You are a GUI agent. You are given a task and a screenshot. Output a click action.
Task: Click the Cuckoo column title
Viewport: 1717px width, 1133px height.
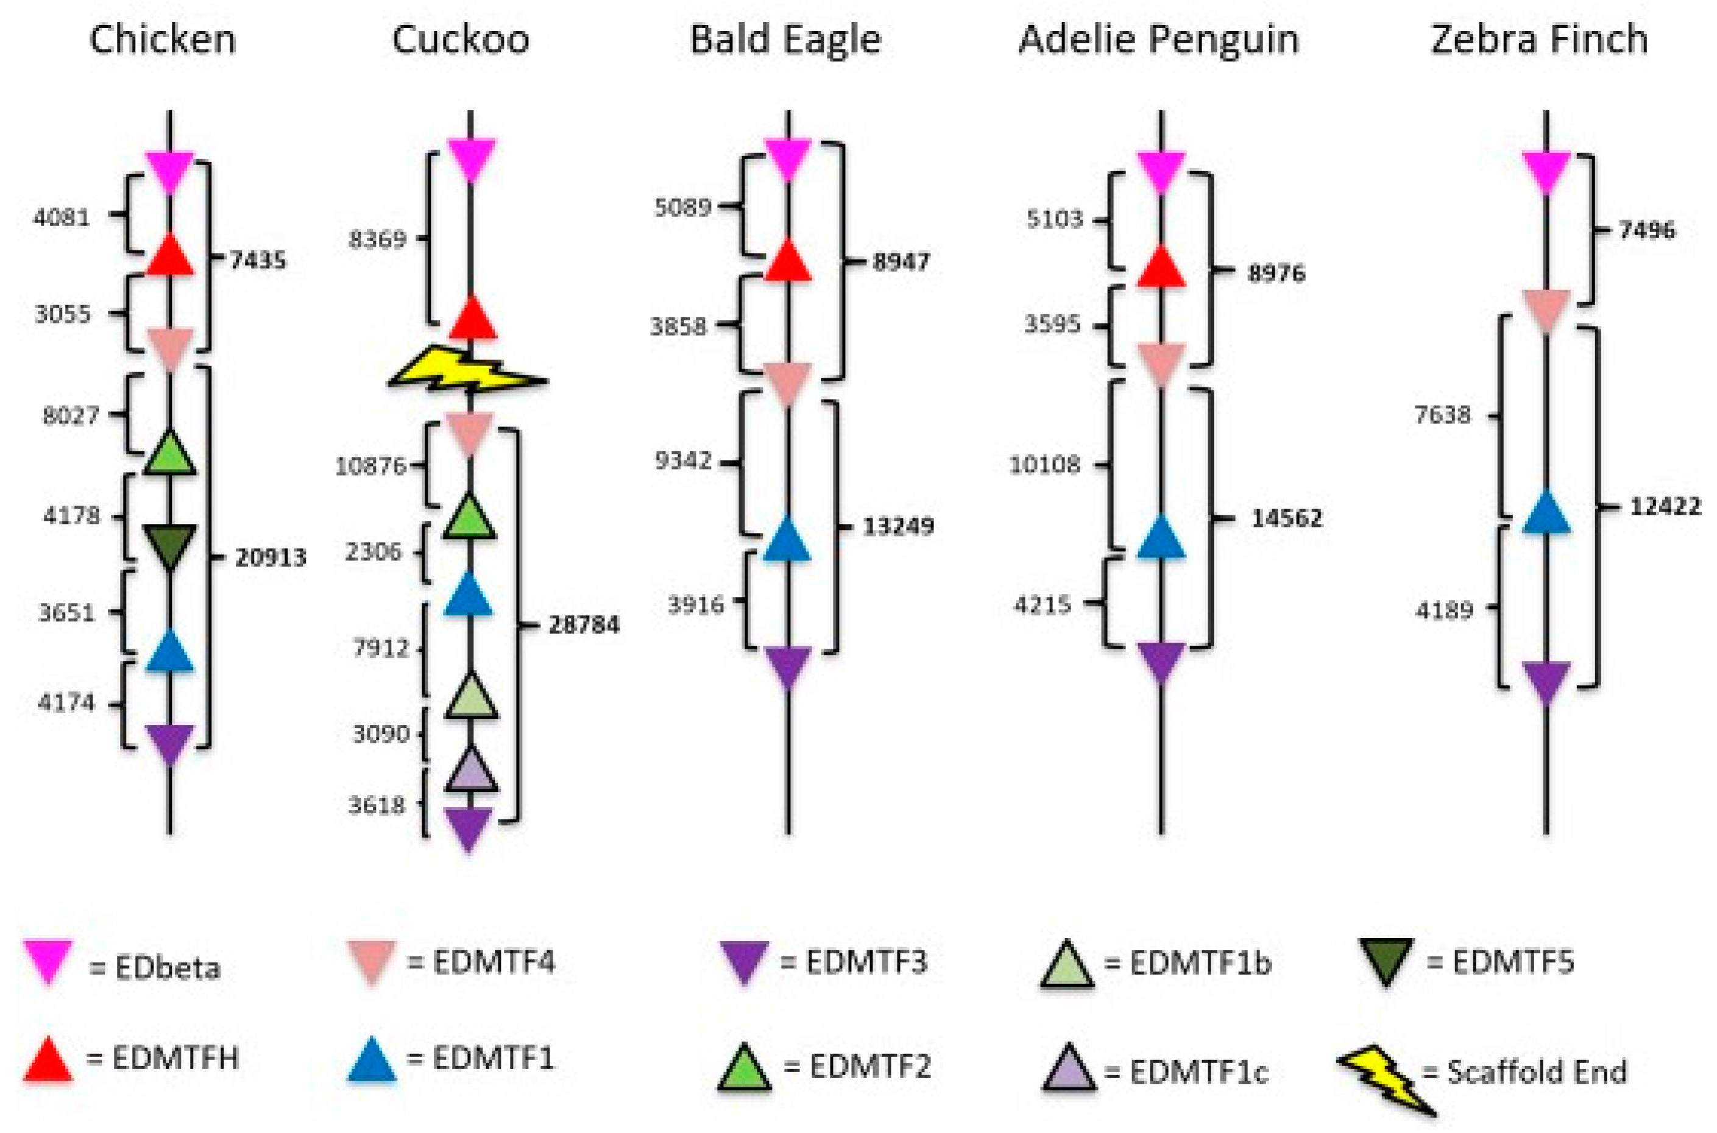tap(460, 39)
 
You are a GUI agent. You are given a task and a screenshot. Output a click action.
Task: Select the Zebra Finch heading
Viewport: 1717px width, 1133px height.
tap(1539, 39)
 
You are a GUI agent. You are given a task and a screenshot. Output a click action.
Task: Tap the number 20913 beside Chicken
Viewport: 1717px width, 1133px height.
tap(271, 558)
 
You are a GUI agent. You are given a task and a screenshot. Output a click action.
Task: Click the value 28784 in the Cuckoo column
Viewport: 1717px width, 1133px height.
tap(584, 624)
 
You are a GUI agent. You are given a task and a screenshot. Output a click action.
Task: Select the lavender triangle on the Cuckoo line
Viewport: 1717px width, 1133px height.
tap(470, 771)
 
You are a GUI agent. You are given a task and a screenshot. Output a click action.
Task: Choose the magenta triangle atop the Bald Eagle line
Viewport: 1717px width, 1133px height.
tap(788, 159)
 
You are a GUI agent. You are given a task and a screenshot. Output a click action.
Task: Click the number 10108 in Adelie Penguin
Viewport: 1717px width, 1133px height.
tap(1045, 465)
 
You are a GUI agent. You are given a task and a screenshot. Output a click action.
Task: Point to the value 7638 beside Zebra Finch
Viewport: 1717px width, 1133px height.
tap(1443, 415)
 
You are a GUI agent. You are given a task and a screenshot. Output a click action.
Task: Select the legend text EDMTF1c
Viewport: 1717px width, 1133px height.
tap(1200, 1074)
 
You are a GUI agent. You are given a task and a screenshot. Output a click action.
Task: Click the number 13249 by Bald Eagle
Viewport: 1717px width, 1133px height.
tap(898, 526)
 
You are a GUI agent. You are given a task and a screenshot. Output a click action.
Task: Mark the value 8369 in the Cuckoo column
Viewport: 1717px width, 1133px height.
tap(377, 239)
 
